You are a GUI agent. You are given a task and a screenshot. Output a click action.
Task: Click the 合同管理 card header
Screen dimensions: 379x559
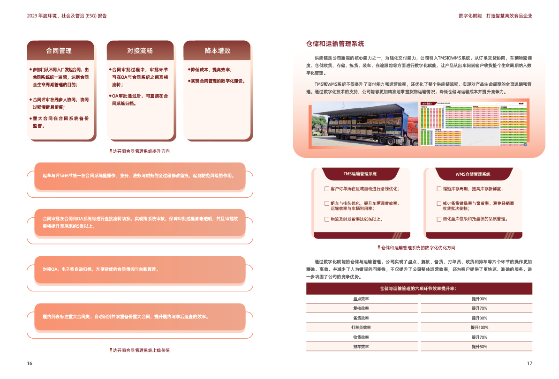[59, 51]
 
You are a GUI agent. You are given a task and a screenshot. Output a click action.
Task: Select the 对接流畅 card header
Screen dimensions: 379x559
[140, 51]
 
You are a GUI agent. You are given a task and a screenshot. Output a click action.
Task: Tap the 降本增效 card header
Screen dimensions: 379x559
[217, 51]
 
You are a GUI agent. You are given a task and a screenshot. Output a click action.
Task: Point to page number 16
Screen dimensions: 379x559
[30, 364]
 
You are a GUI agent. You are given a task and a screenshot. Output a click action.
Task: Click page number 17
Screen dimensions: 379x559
[529, 364]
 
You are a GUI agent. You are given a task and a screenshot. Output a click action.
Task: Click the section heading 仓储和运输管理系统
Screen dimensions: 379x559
[335, 44]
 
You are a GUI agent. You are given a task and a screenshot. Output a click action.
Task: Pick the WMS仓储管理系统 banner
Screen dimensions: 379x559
[473, 174]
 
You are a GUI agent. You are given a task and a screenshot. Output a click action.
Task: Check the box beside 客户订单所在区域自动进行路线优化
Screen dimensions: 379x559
[327, 189]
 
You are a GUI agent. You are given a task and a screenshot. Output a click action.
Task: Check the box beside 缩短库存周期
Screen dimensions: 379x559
[439, 189]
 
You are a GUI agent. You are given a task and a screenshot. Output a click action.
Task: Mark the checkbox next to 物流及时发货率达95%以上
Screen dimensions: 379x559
[327, 219]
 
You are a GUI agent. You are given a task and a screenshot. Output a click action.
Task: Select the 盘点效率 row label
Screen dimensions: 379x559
[361, 298]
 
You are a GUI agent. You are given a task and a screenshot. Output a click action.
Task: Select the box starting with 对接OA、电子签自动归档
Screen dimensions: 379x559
[140, 270]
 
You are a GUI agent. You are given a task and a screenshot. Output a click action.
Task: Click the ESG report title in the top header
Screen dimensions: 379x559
[67, 15]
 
